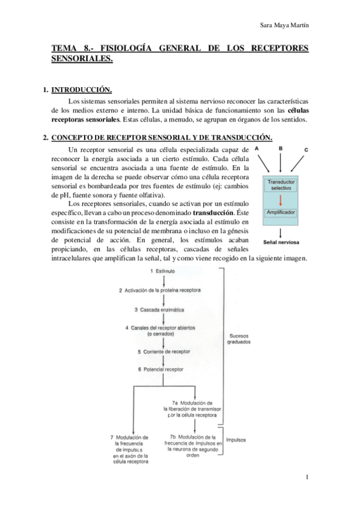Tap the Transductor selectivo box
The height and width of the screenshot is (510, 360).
tap(279, 184)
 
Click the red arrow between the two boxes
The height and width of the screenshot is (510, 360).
tap(279, 199)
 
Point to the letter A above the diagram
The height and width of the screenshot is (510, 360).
tap(256, 148)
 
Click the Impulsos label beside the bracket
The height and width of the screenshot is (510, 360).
tap(237, 440)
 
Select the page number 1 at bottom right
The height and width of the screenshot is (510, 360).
tap(307, 478)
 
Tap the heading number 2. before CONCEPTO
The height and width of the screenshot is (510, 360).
tap(46, 137)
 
